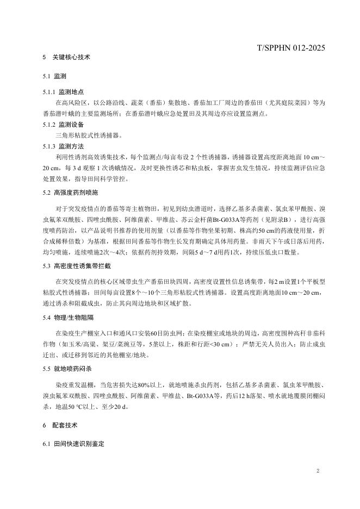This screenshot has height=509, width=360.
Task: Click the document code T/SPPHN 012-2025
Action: click(291, 48)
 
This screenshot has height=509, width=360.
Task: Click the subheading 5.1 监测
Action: click(54, 76)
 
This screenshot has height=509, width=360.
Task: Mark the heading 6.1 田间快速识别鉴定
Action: click(73, 444)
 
